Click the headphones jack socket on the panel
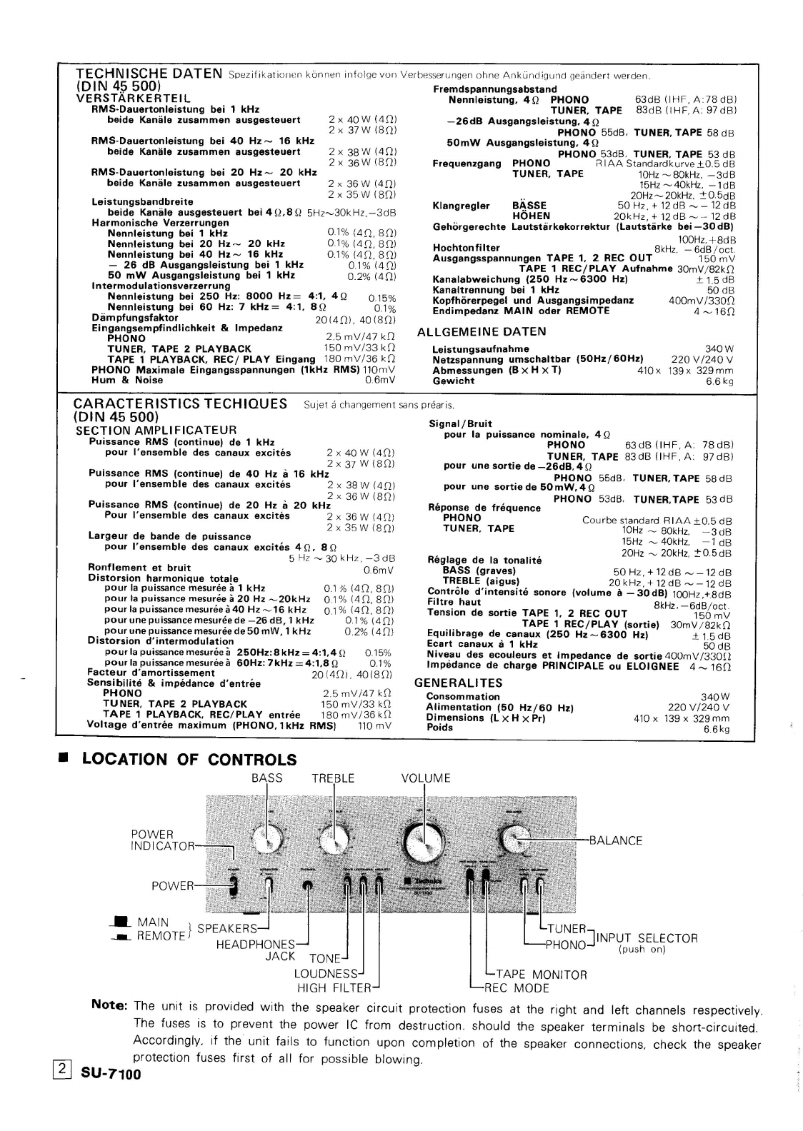click(x=308, y=886)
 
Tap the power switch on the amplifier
click(x=234, y=887)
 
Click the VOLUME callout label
click(x=426, y=778)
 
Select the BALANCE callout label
click(x=615, y=840)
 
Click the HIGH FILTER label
click(x=334, y=988)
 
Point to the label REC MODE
click(x=517, y=988)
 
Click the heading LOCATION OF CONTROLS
click(x=189, y=759)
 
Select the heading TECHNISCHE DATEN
click(x=149, y=73)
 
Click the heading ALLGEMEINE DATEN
click(x=482, y=331)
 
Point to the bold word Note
click(x=110, y=1005)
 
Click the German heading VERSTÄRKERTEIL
click(x=134, y=98)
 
